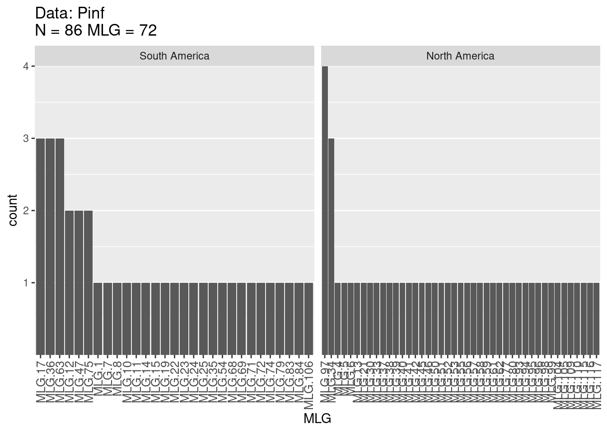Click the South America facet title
(x=174, y=56)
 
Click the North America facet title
(x=460, y=56)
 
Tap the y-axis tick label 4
(x=26, y=66)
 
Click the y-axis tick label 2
(x=26, y=211)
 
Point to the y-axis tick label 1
(x=26, y=283)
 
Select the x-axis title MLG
(x=317, y=419)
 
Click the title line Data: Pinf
(x=70, y=13)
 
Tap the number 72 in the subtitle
(x=148, y=30)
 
